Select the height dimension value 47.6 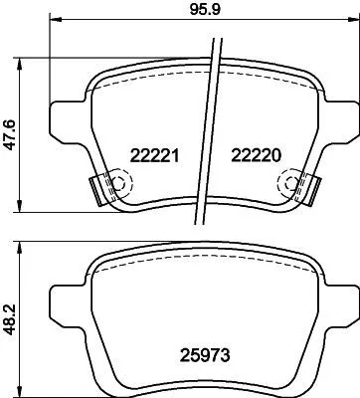pyautogui.click(x=9, y=132)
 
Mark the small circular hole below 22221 pyautogui.click(x=119, y=182)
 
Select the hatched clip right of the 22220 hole pyautogui.click(x=310, y=185)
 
